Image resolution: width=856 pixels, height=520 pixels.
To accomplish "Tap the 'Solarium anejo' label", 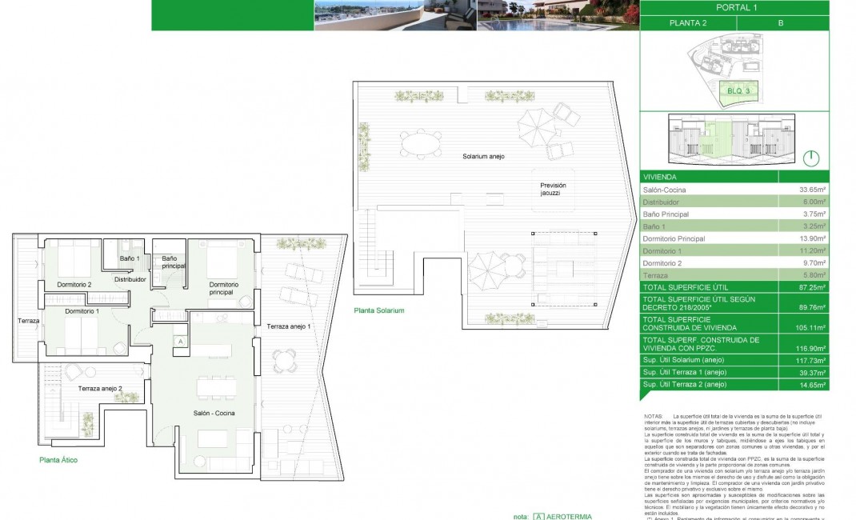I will point(483,156).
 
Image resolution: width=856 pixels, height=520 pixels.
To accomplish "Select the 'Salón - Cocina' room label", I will point(214,412).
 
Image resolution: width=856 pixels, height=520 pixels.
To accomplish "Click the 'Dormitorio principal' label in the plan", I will point(224,288).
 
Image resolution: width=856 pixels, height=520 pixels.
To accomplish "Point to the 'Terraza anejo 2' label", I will point(100,388).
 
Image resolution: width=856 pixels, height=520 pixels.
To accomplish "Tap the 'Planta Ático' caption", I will point(58,460).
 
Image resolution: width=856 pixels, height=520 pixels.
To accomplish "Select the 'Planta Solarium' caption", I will point(378,310).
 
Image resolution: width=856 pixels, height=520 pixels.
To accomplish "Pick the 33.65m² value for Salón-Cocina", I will point(812,190).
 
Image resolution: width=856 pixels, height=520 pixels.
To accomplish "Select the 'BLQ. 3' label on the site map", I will point(738,91).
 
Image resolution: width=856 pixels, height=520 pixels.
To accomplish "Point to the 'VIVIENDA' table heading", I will point(661,177).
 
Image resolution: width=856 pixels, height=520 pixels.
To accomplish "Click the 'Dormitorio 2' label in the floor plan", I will point(74,285).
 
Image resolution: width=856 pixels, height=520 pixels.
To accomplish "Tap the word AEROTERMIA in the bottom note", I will point(570,516).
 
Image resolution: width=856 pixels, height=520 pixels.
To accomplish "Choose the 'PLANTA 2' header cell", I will point(687,23).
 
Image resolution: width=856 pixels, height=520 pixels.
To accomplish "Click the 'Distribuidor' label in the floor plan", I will point(130,280).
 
